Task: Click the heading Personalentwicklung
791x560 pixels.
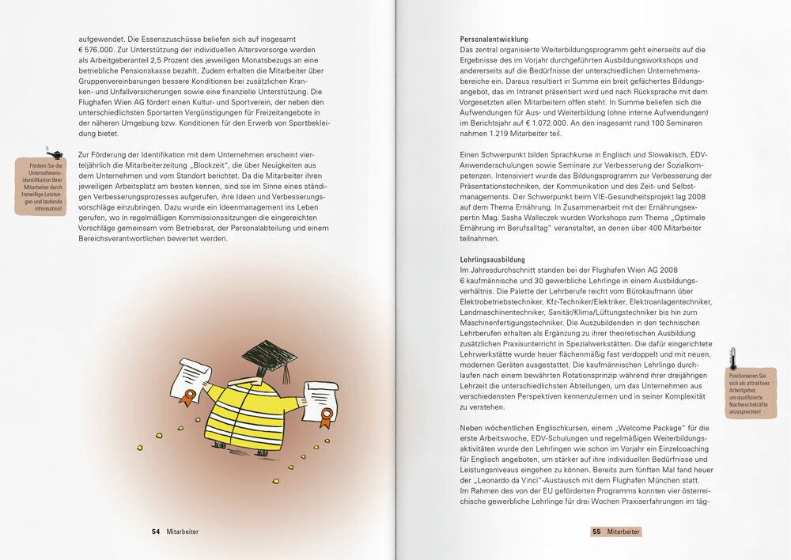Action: (x=494, y=39)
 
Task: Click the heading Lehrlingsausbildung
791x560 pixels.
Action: (x=491, y=259)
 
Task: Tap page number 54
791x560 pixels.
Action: (x=156, y=532)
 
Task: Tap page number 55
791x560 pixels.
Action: (x=596, y=532)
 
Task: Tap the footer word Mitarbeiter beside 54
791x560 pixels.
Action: (x=183, y=532)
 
